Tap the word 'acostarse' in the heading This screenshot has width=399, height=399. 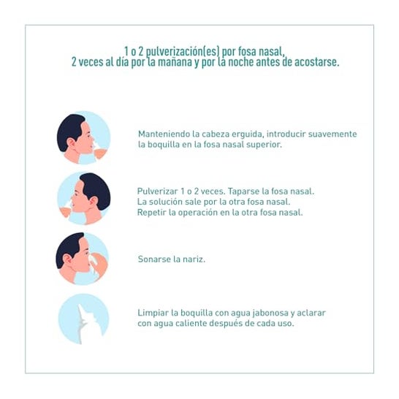coord(317,62)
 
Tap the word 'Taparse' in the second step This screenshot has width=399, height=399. coord(244,191)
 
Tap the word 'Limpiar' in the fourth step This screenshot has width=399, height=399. coord(153,313)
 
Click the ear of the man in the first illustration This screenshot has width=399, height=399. coord(72,143)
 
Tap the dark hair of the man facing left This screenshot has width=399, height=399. coord(96,189)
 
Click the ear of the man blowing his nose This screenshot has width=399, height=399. coord(68,259)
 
